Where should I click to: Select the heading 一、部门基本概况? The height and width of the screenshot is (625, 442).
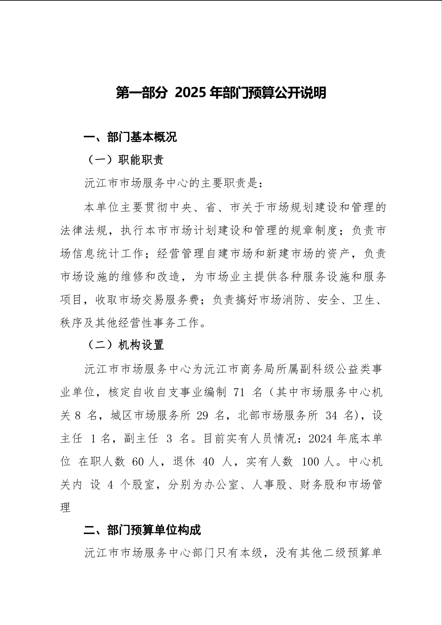(x=130, y=137)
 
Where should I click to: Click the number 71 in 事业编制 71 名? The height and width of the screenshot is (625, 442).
(x=239, y=393)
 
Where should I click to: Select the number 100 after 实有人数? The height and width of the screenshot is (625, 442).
(x=311, y=462)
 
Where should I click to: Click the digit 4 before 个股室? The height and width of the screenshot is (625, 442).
(x=110, y=485)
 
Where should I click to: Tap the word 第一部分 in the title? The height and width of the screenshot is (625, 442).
(x=141, y=93)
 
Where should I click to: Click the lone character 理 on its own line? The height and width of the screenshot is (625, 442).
(x=65, y=508)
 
